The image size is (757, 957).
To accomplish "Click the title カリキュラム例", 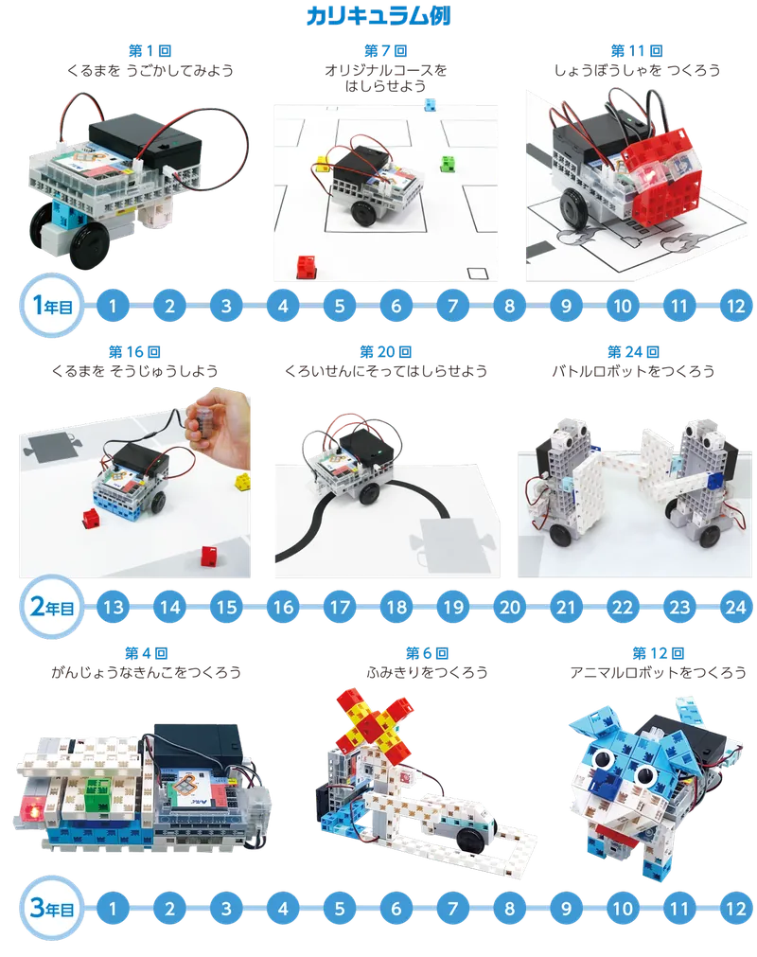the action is pyautogui.click(x=378, y=15).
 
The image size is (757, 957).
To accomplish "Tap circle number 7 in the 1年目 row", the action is pyautogui.click(x=452, y=305).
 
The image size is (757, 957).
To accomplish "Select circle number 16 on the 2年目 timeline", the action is pyautogui.click(x=283, y=607).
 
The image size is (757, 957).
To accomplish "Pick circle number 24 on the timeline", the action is pyautogui.click(x=735, y=607).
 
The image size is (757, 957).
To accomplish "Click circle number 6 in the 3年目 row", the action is pyautogui.click(x=396, y=908).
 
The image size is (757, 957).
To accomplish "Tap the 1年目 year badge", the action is pyautogui.click(x=51, y=305).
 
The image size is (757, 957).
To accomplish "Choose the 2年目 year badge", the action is pyautogui.click(x=51, y=606).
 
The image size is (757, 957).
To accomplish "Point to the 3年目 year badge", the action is pyautogui.click(x=51, y=908).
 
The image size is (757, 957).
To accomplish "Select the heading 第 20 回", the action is pyautogui.click(x=385, y=351).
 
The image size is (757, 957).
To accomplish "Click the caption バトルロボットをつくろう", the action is pyautogui.click(x=633, y=371).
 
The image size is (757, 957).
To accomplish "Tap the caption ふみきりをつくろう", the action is pyautogui.click(x=427, y=673).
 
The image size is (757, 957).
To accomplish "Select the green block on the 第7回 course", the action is pyautogui.click(x=449, y=164).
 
